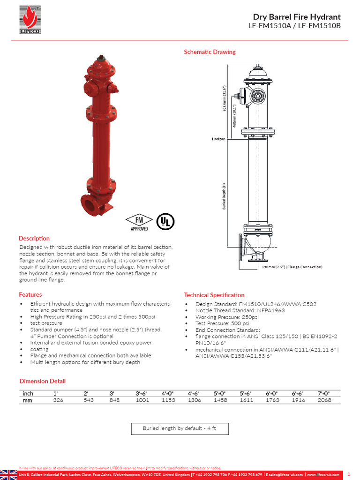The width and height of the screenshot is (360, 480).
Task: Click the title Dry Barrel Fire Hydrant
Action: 297,17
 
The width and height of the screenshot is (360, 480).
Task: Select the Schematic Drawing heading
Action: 210,52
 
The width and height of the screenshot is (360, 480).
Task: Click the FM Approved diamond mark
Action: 139,221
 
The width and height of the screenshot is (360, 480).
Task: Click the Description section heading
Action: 34,238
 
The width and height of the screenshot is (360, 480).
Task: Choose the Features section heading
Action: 30,294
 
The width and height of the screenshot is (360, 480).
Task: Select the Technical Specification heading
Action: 214,295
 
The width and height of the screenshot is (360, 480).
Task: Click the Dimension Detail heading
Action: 42,381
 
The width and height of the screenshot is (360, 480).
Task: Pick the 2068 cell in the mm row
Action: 324,400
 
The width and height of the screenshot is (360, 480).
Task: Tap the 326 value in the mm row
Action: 59,400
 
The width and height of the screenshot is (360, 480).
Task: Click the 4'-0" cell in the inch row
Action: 168,394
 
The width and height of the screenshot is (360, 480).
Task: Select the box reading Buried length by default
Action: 180,428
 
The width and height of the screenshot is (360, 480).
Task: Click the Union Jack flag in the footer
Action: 8,474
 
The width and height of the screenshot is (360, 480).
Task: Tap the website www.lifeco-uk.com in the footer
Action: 322,475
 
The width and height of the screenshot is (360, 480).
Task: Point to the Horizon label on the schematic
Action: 218,139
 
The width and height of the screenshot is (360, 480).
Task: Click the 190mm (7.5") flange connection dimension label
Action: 292,267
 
